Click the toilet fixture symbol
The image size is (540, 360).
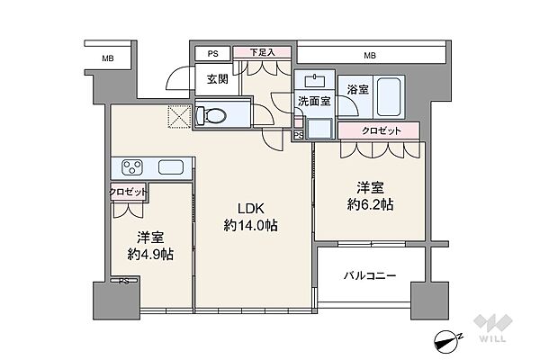tap(211, 114)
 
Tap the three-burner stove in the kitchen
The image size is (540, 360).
tap(132, 167)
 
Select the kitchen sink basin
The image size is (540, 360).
tap(171, 167)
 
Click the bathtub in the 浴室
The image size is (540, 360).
tap(389, 97)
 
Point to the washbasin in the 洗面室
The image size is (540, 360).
tap(315, 81)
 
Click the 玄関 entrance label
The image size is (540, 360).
tap(217, 79)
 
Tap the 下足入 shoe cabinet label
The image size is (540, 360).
tap(262, 52)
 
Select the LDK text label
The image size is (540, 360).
tap(251, 209)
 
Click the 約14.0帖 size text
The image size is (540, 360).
tap(251, 226)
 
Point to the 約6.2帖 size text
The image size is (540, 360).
tap(370, 205)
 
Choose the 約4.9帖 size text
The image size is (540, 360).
tap(150, 255)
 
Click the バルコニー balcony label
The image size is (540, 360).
tap(370, 276)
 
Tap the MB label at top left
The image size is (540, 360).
tap(108, 58)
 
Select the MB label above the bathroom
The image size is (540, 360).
tap(370, 55)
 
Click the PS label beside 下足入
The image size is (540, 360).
tap(212, 54)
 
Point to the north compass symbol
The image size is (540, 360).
tap(448, 341)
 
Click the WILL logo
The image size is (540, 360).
tap(492, 328)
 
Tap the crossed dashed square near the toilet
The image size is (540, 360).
tap(179, 116)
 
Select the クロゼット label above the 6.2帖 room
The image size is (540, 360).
tap(382, 130)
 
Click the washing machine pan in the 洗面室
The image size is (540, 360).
tap(319, 128)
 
